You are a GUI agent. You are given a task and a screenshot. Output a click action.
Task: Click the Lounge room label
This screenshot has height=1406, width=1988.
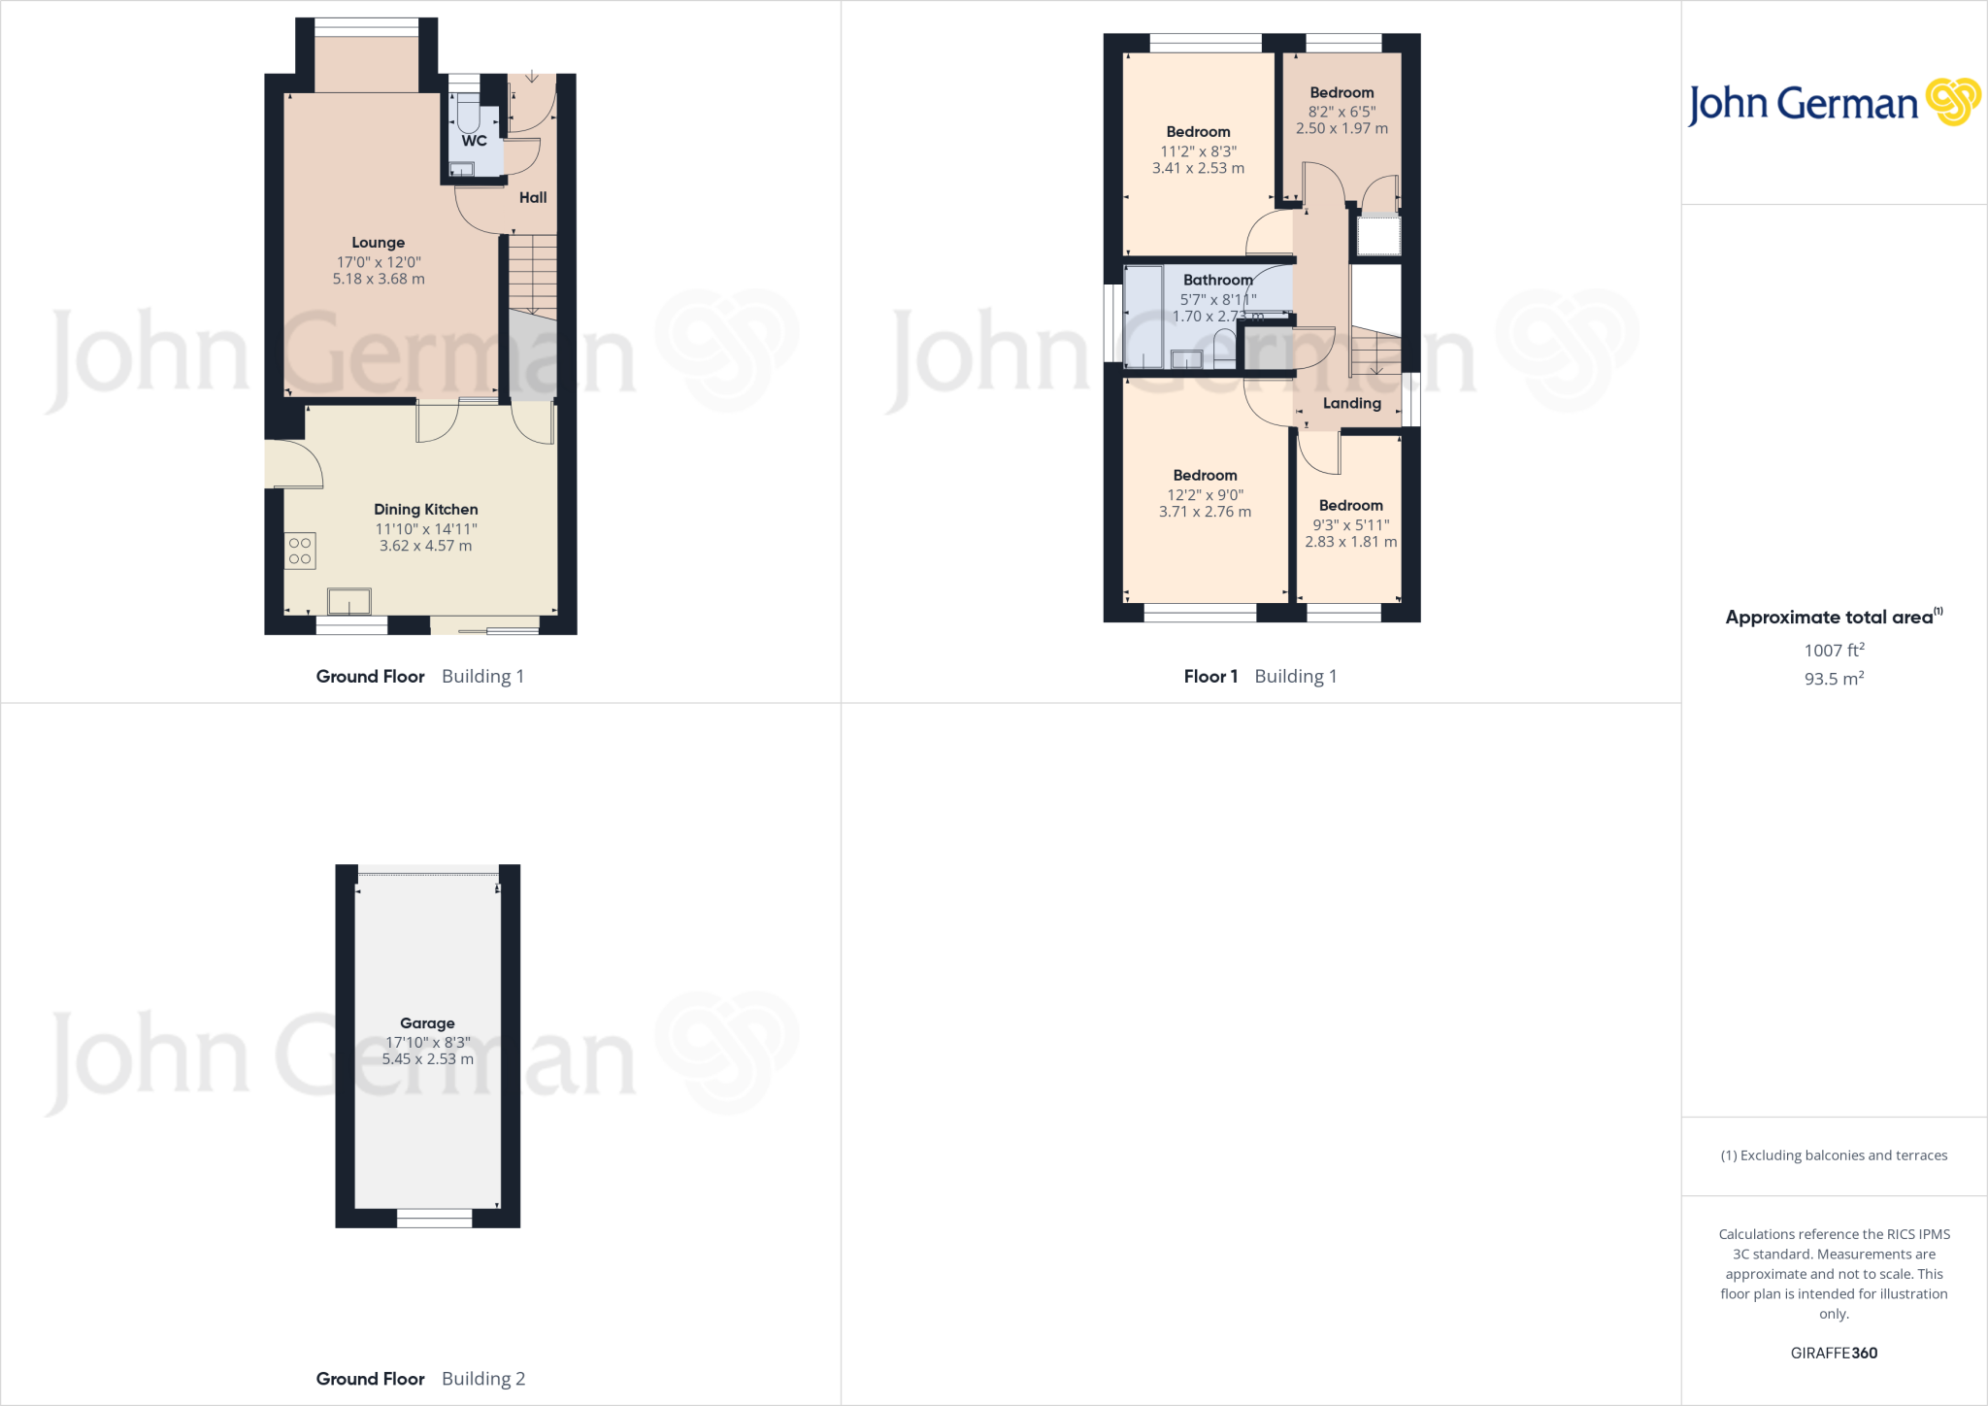[378, 243]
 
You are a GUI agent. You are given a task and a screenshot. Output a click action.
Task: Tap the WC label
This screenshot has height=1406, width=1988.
[474, 141]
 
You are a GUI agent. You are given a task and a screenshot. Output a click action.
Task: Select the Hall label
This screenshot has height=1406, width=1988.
[533, 198]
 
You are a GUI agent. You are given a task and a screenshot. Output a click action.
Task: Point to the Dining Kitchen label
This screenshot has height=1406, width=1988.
[425, 510]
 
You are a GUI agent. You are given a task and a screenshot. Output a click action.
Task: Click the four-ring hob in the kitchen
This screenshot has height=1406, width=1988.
[300, 551]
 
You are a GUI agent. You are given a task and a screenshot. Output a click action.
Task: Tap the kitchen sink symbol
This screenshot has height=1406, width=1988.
[348, 602]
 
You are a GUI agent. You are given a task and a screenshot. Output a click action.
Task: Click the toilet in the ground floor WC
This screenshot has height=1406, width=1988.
[468, 117]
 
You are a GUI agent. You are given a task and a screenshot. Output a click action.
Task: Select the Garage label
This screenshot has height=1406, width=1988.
[427, 1023]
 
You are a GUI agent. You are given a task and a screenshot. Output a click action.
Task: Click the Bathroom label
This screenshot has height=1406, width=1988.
[1217, 281]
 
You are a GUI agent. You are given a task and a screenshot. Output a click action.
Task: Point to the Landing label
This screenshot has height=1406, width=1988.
[1351, 404]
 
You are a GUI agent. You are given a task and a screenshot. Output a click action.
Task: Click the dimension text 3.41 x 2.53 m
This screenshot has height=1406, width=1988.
[1198, 169]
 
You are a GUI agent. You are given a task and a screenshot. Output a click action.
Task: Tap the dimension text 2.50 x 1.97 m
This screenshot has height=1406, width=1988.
[1342, 129]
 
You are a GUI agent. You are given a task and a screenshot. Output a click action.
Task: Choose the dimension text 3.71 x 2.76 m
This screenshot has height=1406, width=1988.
[1205, 513]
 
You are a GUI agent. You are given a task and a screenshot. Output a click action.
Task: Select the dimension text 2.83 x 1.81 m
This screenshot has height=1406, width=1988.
[1350, 543]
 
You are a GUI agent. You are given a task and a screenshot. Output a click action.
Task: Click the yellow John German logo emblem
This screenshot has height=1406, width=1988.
[1952, 102]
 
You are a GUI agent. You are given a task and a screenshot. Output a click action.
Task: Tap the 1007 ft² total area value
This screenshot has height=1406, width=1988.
[1834, 651]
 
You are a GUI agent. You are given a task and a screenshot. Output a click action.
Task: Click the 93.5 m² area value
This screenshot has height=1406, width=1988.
[1834, 679]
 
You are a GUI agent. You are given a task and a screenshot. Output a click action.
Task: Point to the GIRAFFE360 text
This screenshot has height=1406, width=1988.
[1834, 1354]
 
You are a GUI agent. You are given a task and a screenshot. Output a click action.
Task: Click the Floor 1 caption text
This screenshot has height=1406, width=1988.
[1210, 677]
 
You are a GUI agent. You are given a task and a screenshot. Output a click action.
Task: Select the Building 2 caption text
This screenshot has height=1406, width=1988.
[482, 1379]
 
